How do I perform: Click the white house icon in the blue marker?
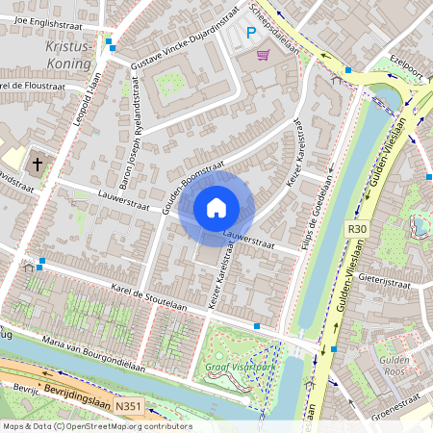216,207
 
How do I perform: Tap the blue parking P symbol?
251,33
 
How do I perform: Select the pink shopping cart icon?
263,55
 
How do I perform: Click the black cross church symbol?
38,164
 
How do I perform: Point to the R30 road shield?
358,229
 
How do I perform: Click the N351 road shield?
128,408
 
